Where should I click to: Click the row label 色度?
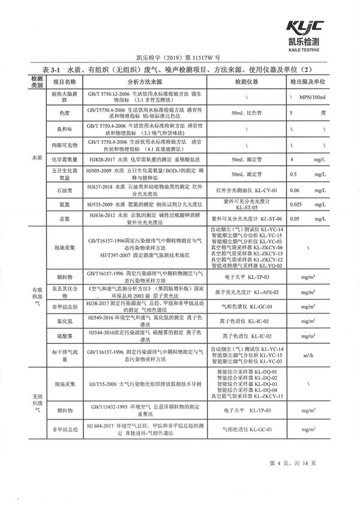[x=65, y=112]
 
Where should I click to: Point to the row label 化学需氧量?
[x=65, y=160]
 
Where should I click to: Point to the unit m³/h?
[x=308, y=355]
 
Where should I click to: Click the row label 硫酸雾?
[x=65, y=336]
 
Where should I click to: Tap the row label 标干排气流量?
[x=65, y=355]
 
